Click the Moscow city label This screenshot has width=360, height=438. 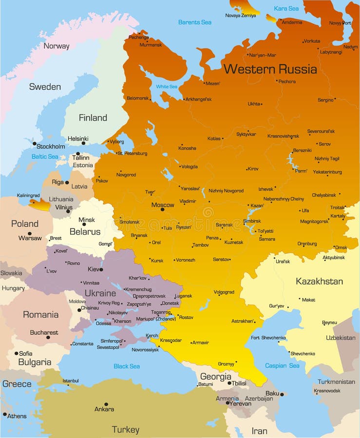pos(163,205)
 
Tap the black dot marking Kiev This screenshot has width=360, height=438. pos(101,269)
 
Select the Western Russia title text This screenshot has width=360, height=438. pos(270,69)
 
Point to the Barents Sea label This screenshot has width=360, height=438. pos(195,22)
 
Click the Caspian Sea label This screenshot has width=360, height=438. pos(282,365)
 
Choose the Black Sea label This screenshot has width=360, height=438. pos(127,366)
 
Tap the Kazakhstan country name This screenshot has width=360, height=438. pos(319,281)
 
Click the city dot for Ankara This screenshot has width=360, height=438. pos(106,404)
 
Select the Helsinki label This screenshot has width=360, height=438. pos(77,138)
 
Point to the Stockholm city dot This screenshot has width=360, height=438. pos(35,144)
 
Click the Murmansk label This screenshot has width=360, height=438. pos(151,45)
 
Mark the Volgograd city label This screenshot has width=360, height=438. pos(224,292)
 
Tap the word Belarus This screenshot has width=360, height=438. pos(85,232)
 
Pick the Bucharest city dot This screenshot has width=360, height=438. pos(48,337)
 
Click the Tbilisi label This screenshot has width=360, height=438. pos(239,383)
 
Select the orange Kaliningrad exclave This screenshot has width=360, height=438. pos(39,204)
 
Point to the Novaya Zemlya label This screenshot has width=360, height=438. pos(240,16)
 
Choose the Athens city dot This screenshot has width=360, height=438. pos(5,414)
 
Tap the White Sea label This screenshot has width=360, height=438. pos(167,87)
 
